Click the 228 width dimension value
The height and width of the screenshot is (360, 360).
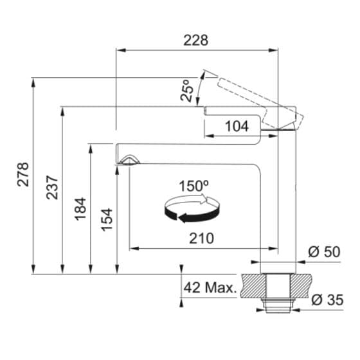(196, 40)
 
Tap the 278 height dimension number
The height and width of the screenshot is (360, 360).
(23, 174)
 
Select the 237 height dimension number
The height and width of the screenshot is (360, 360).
(52, 187)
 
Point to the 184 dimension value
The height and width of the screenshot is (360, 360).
(80, 209)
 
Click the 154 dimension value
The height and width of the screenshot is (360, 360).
(107, 219)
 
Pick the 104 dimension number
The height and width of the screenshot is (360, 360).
(237, 126)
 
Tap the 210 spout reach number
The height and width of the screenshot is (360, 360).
(201, 238)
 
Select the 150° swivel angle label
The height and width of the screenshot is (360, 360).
(194, 186)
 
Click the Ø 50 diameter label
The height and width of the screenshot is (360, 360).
(324, 251)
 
